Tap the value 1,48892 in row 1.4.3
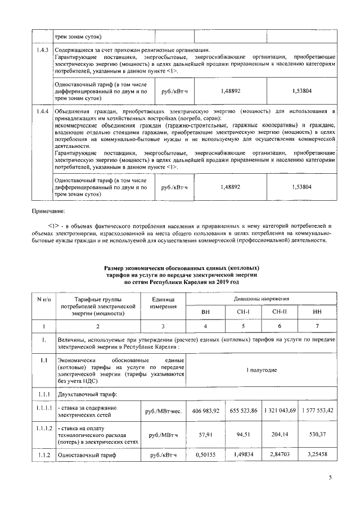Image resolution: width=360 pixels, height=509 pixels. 231,90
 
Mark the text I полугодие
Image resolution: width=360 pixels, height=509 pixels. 262,371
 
